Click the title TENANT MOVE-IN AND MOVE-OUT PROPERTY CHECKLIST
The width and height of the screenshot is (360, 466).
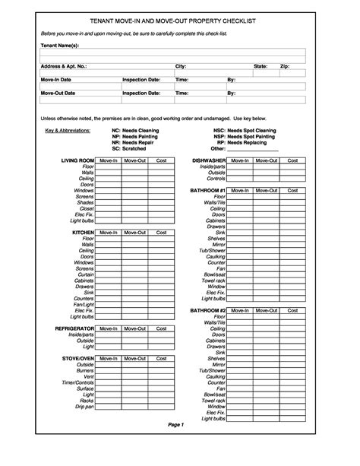coord(180,24)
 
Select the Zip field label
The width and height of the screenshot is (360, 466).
coord(285,67)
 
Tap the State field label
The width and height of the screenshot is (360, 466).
coord(261,67)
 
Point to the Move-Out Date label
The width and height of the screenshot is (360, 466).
coord(58,93)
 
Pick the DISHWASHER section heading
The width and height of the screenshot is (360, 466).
coord(209,161)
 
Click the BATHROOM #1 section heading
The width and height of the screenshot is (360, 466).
coord(208,189)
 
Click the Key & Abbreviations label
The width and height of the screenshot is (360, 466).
coord(68,131)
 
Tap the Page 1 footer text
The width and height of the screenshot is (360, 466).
coord(177,445)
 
